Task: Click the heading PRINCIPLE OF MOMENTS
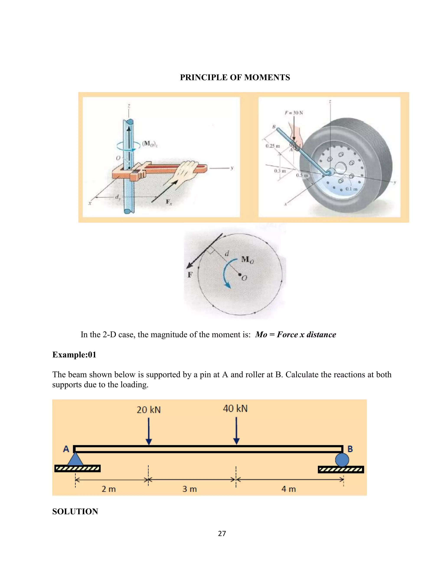pyautogui.click(x=235, y=77)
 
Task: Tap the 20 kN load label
pyautogui.click(x=149, y=410)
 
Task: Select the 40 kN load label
pyautogui.click(x=235, y=409)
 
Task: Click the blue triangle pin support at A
pyautogui.click(x=75, y=459)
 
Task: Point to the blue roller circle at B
pyautogui.click(x=342, y=460)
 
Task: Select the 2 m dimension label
pyautogui.click(x=109, y=489)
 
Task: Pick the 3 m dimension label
pyautogui.click(x=190, y=489)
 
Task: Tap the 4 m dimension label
pyautogui.click(x=289, y=489)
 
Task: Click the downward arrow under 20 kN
pyautogui.click(x=149, y=431)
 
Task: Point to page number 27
pyautogui.click(x=222, y=533)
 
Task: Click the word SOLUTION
pyautogui.click(x=75, y=511)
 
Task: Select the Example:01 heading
pyautogui.click(x=74, y=355)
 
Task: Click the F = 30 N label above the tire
pyautogui.click(x=294, y=113)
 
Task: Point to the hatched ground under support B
pyautogui.click(x=341, y=470)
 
